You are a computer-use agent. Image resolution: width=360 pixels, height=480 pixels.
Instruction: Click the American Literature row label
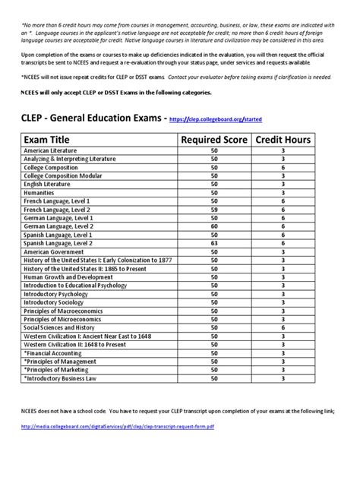(x=50, y=152)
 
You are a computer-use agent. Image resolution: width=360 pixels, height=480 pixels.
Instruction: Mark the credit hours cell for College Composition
(x=282, y=169)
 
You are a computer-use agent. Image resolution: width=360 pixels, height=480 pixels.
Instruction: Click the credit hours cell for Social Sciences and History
(x=282, y=327)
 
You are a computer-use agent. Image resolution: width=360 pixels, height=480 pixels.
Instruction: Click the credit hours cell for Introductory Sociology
(x=282, y=302)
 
